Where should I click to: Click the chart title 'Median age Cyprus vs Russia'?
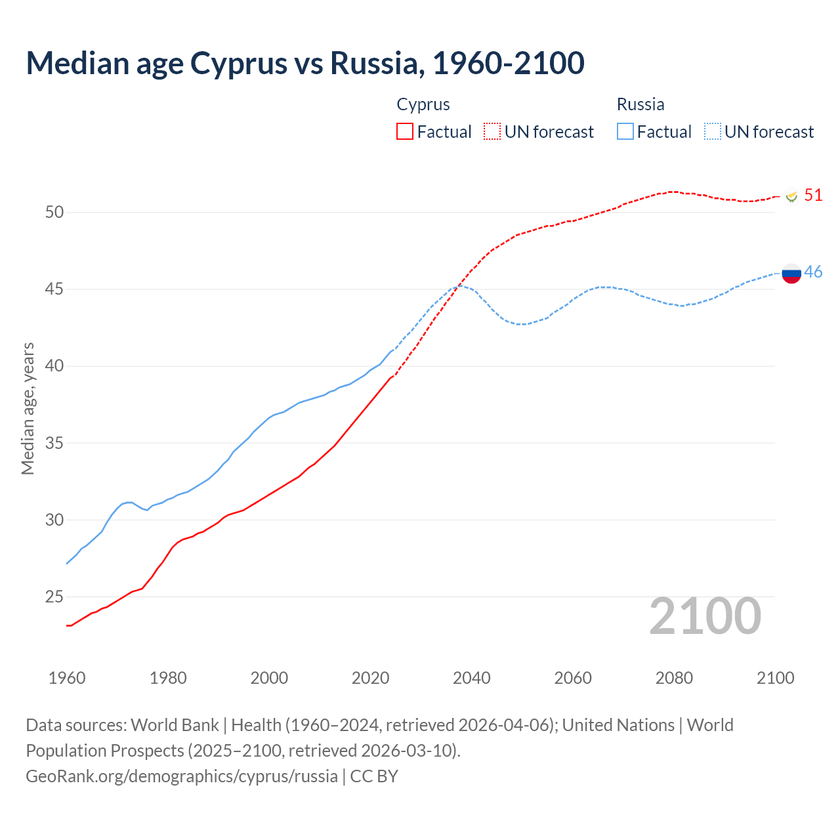point(304,63)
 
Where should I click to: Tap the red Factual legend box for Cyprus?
point(405,131)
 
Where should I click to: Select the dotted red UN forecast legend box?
point(492,131)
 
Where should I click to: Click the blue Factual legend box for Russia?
point(625,131)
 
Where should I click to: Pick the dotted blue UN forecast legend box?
point(713,131)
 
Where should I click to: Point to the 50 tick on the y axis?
point(54,212)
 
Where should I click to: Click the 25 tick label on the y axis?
point(54,597)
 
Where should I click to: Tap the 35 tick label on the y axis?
point(54,443)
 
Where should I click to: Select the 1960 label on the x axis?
point(67,678)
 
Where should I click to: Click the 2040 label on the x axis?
point(471,678)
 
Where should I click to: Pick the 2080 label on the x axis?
point(674,678)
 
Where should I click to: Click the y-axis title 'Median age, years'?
point(28,408)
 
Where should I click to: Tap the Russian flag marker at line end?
point(791,273)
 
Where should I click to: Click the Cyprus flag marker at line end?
point(791,196)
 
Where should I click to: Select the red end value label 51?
point(813,195)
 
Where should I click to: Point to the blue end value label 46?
point(813,272)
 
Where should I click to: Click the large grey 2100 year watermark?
point(705,616)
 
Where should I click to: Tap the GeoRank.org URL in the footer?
point(182,776)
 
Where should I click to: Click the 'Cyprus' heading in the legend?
point(423,104)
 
